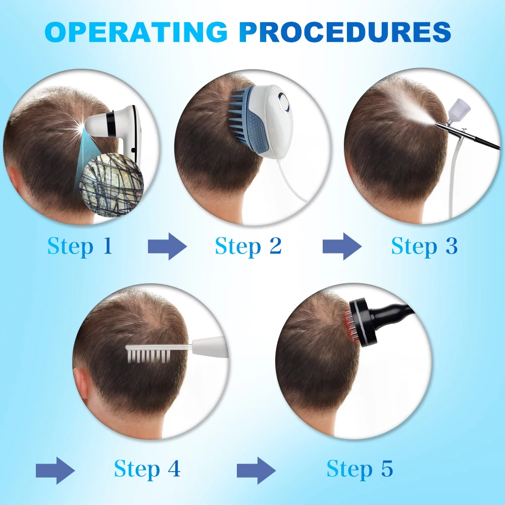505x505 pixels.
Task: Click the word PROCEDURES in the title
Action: point(345,32)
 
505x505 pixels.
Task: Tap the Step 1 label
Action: point(79,246)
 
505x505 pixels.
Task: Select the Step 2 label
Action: point(248,246)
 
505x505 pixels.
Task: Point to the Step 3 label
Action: point(424,246)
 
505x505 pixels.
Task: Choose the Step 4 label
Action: point(147,469)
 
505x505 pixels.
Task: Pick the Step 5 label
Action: point(360,469)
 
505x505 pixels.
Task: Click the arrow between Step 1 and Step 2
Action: point(167,247)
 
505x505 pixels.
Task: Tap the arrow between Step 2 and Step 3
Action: point(341,247)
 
